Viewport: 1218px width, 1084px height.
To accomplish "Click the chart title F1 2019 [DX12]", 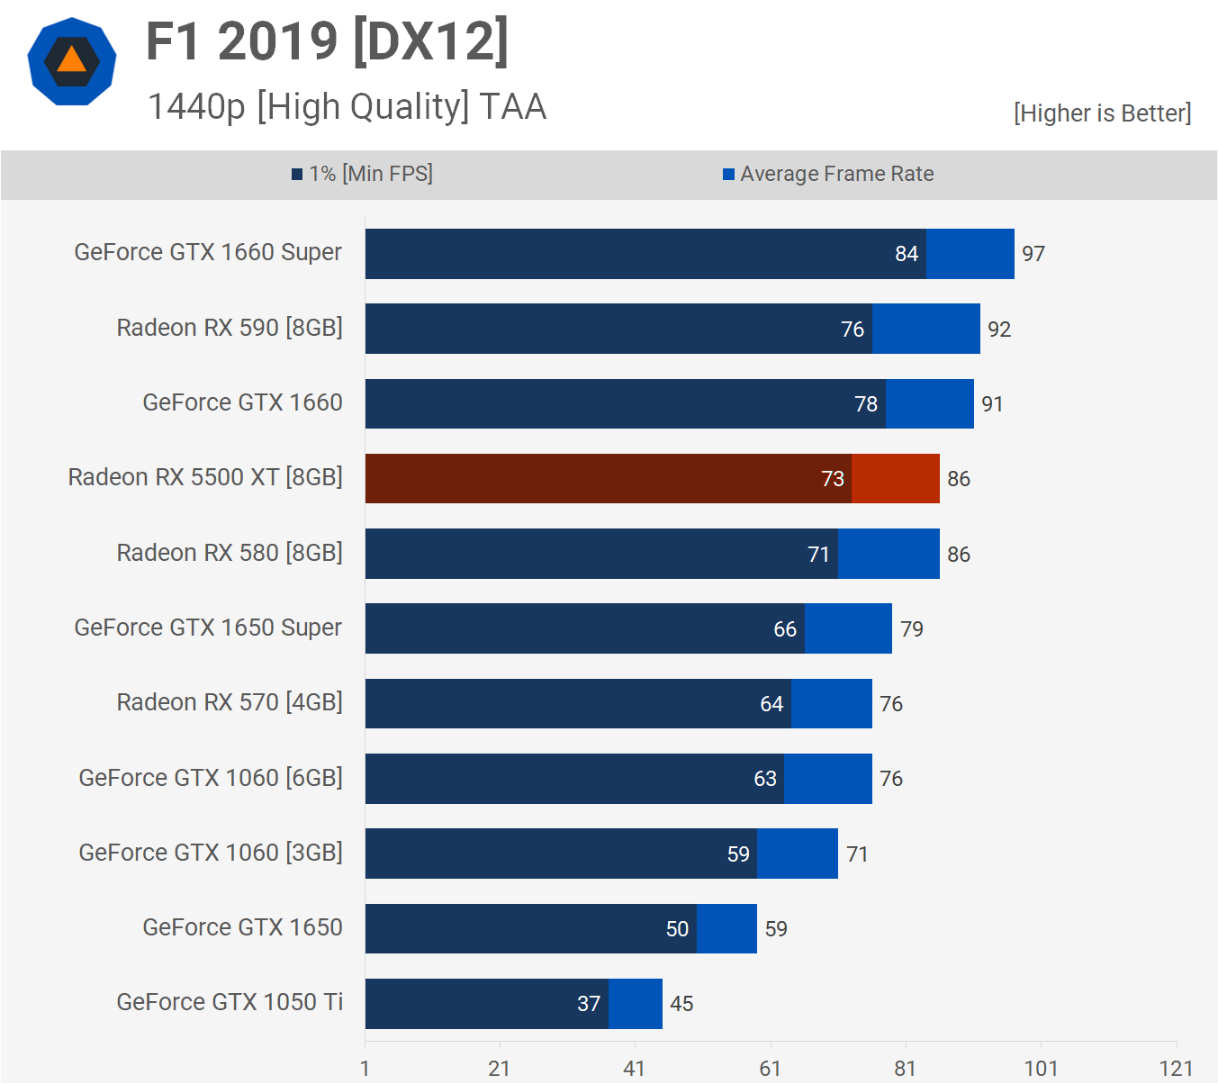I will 328,41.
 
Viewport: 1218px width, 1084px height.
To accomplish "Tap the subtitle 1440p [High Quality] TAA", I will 347,106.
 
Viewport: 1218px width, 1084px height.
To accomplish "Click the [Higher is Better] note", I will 1102,113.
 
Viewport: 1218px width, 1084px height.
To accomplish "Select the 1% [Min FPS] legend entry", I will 363,174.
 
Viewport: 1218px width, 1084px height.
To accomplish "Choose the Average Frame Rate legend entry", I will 828,174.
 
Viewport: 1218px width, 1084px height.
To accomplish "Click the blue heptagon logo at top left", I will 72,61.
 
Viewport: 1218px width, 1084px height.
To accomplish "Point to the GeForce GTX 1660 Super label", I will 208,252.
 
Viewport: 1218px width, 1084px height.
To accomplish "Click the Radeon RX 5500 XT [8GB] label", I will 205,477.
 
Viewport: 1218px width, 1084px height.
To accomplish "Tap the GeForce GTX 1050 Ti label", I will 230,1002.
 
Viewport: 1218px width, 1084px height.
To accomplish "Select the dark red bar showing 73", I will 608,478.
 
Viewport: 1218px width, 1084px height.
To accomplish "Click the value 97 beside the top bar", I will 1033,254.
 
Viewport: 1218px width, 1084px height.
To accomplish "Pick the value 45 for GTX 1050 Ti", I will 681,1004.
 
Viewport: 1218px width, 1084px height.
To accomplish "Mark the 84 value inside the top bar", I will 907,254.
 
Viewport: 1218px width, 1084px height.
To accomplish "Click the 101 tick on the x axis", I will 1041,1069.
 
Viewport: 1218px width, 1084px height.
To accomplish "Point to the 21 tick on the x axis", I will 500,1069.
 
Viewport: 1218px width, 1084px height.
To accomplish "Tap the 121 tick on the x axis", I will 1177,1069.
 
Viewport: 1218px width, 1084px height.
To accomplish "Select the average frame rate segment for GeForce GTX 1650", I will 726,928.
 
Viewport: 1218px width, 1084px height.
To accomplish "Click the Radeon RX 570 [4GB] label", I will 230,702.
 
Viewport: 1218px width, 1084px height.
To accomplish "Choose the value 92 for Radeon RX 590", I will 999,330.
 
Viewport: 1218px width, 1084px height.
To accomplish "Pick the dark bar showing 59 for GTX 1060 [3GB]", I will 561,854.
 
